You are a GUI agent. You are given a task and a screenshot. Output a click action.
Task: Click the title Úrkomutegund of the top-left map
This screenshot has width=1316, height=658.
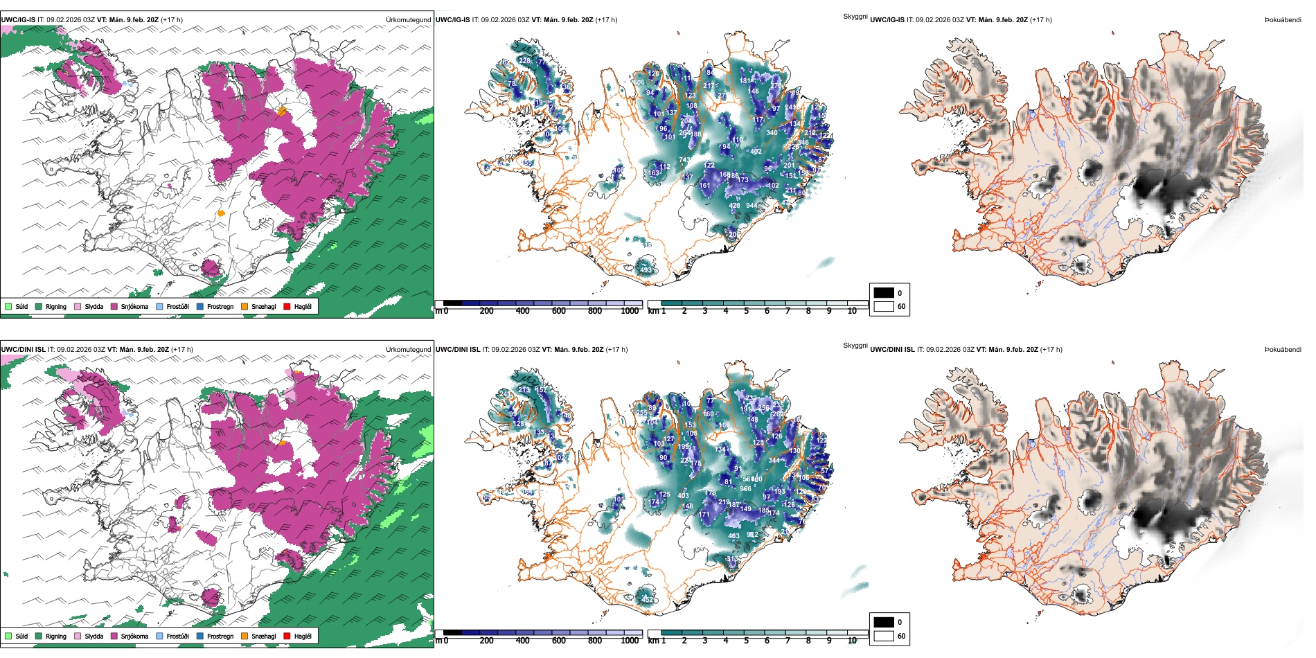click(x=408, y=20)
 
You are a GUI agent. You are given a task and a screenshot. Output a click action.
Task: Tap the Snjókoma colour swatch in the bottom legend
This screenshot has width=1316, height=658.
click(x=114, y=636)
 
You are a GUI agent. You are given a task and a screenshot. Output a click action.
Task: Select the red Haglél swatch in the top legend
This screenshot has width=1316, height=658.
click(x=287, y=306)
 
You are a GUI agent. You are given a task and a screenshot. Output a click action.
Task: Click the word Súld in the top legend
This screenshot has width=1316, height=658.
click(x=21, y=306)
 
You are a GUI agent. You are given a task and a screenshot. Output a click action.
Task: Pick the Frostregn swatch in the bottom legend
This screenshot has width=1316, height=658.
click(x=200, y=636)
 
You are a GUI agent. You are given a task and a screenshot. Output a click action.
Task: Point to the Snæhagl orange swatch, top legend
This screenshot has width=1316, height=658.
click(x=244, y=306)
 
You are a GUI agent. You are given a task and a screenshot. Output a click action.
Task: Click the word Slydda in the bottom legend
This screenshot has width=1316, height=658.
click(x=94, y=636)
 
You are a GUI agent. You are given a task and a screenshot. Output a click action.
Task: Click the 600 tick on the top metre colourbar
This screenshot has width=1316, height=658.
click(x=558, y=311)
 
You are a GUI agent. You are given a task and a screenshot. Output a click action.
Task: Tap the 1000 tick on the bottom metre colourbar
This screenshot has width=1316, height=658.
click(x=630, y=641)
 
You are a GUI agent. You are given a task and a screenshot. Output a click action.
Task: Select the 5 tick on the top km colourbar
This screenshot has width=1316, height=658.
click(x=746, y=311)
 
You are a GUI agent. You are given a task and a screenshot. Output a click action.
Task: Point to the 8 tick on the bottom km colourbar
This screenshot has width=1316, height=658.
click(x=808, y=641)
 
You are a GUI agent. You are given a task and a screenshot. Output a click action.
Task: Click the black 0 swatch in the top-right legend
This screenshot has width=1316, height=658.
click(x=884, y=293)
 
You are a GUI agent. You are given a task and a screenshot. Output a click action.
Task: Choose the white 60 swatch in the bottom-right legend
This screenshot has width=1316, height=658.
click(x=884, y=636)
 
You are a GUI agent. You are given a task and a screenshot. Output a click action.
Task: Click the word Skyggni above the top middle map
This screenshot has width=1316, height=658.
click(x=855, y=16)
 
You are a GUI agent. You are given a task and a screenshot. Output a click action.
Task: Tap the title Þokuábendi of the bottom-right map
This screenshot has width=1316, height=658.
click(x=1283, y=350)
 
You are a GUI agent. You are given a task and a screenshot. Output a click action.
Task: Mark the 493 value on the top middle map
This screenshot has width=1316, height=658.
click(x=646, y=270)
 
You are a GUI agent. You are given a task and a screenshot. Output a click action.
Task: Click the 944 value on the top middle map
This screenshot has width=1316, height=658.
click(x=752, y=206)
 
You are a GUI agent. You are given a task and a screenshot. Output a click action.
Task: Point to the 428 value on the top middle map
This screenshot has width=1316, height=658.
click(x=734, y=206)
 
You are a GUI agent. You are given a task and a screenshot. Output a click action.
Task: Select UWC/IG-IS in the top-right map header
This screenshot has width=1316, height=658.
click(x=887, y=20)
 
